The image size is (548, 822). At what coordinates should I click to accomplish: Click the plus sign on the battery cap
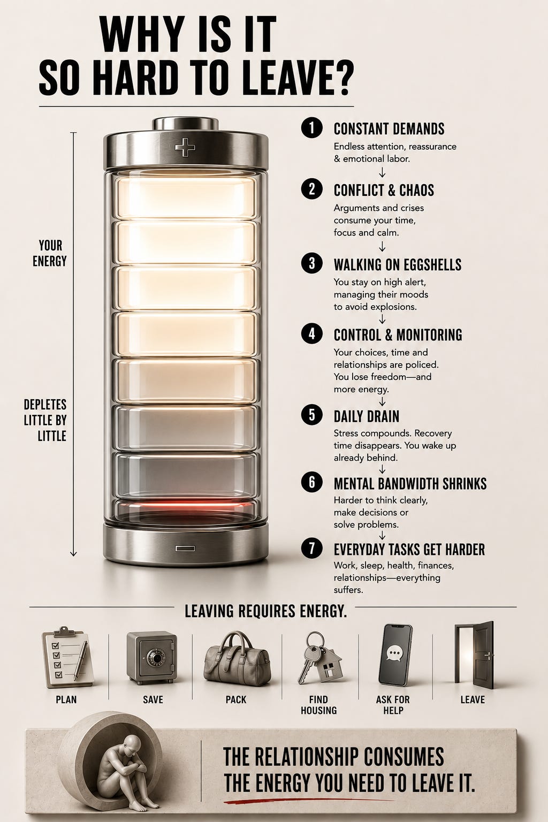pos(185,147)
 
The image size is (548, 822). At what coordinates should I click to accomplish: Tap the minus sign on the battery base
pos(185,549)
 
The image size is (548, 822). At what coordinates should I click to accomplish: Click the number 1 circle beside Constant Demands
pos(311,128)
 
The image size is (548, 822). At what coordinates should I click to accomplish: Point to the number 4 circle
pos(311,334)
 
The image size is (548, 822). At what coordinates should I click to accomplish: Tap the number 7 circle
pos(311,548)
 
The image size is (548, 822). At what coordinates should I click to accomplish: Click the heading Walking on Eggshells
pos(398,264)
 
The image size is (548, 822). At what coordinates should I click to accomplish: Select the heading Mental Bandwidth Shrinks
pos(410,484)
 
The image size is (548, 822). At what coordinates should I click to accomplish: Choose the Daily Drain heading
pos(366,416)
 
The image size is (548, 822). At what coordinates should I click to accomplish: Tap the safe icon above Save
pos(151,658)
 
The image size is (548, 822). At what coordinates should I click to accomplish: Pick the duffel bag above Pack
pos(237,656)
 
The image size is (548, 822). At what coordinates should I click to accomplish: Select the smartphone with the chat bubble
pos(395,654)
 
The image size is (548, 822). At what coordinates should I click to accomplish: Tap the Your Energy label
pos(50,253)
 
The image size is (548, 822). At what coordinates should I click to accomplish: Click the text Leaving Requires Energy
pos(265,611)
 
